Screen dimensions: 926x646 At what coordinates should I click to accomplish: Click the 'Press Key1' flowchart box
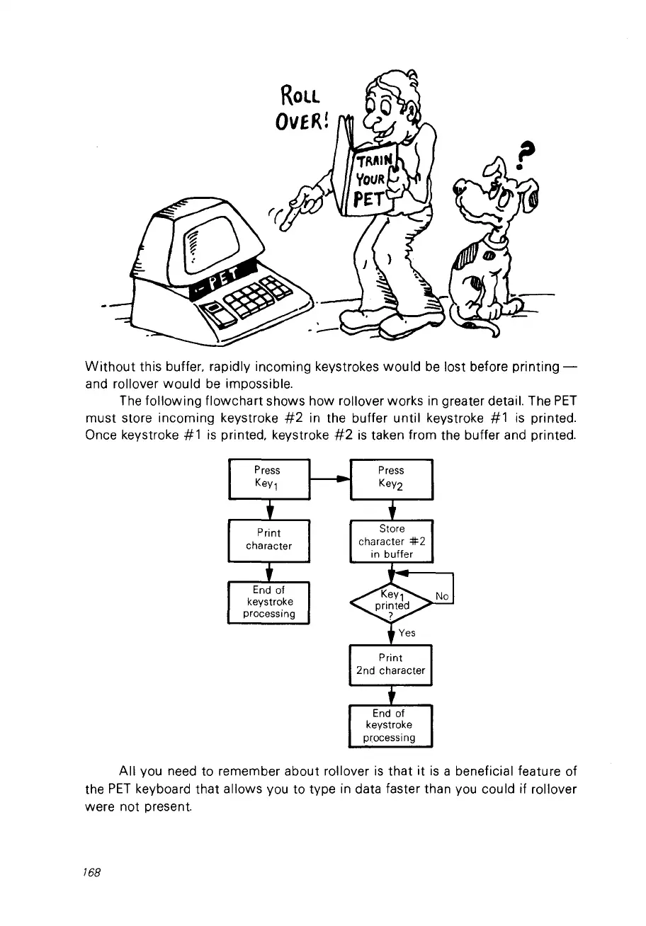coord(268,479)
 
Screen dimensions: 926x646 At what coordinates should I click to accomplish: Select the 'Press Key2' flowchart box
coord(391,479)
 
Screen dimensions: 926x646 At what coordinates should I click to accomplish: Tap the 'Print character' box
coord(268,539)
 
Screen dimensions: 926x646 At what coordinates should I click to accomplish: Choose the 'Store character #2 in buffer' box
coord(391,541)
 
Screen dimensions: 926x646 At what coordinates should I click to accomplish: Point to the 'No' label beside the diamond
coord(442,597)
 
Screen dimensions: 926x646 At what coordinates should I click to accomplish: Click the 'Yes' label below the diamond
coord(407,633)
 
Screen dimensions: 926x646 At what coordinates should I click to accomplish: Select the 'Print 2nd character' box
coord(391,664)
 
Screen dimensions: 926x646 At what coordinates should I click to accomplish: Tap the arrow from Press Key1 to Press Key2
coord(330,479)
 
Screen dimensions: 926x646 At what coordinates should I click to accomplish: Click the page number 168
coord(93,873)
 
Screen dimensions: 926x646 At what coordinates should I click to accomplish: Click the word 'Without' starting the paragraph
coord(108,367)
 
